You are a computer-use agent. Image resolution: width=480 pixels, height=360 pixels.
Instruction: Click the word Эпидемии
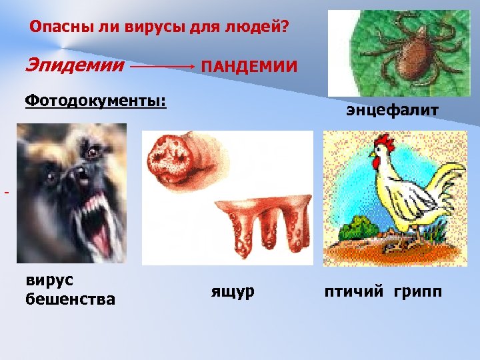[x=75, y=65]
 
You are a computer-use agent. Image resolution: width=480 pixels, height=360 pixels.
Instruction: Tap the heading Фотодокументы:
[x=95, y=101]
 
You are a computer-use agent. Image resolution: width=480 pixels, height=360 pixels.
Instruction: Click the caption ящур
[x=233, y=291]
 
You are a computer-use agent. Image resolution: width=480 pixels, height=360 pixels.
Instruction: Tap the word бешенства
[x=70, y=299]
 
